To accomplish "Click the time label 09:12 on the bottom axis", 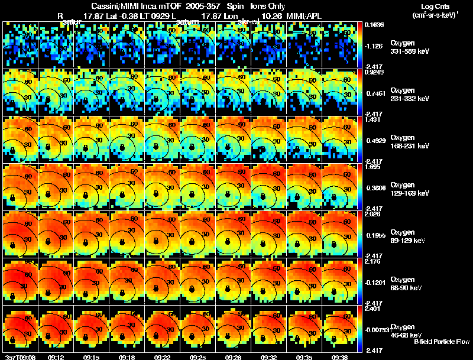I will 56,357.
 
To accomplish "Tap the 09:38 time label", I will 340,357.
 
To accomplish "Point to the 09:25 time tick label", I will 198,357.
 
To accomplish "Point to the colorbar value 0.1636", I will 375,25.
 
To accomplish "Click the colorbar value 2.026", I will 374,214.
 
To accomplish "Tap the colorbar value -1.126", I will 375,45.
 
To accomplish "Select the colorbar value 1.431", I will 374,119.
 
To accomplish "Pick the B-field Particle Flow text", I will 442,342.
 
